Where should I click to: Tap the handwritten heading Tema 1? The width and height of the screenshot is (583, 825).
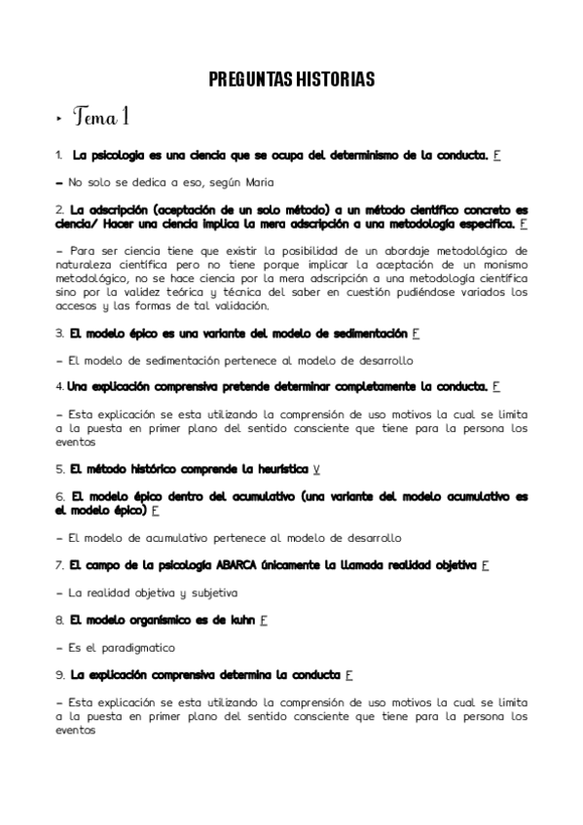100,120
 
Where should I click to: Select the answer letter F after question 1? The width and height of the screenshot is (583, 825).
496,155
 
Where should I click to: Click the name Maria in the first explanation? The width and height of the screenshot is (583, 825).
259,182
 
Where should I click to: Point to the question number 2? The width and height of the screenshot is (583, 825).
59,209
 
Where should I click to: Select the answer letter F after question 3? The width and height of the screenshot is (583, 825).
416,334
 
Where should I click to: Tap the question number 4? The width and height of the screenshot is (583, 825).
59,386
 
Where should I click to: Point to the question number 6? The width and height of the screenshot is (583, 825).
59,495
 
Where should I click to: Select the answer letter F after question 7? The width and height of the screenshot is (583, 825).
485,563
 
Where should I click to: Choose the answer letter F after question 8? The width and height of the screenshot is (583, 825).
264,618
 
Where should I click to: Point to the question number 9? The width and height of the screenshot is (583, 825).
59,673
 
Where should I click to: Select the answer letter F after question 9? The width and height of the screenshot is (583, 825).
348,673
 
